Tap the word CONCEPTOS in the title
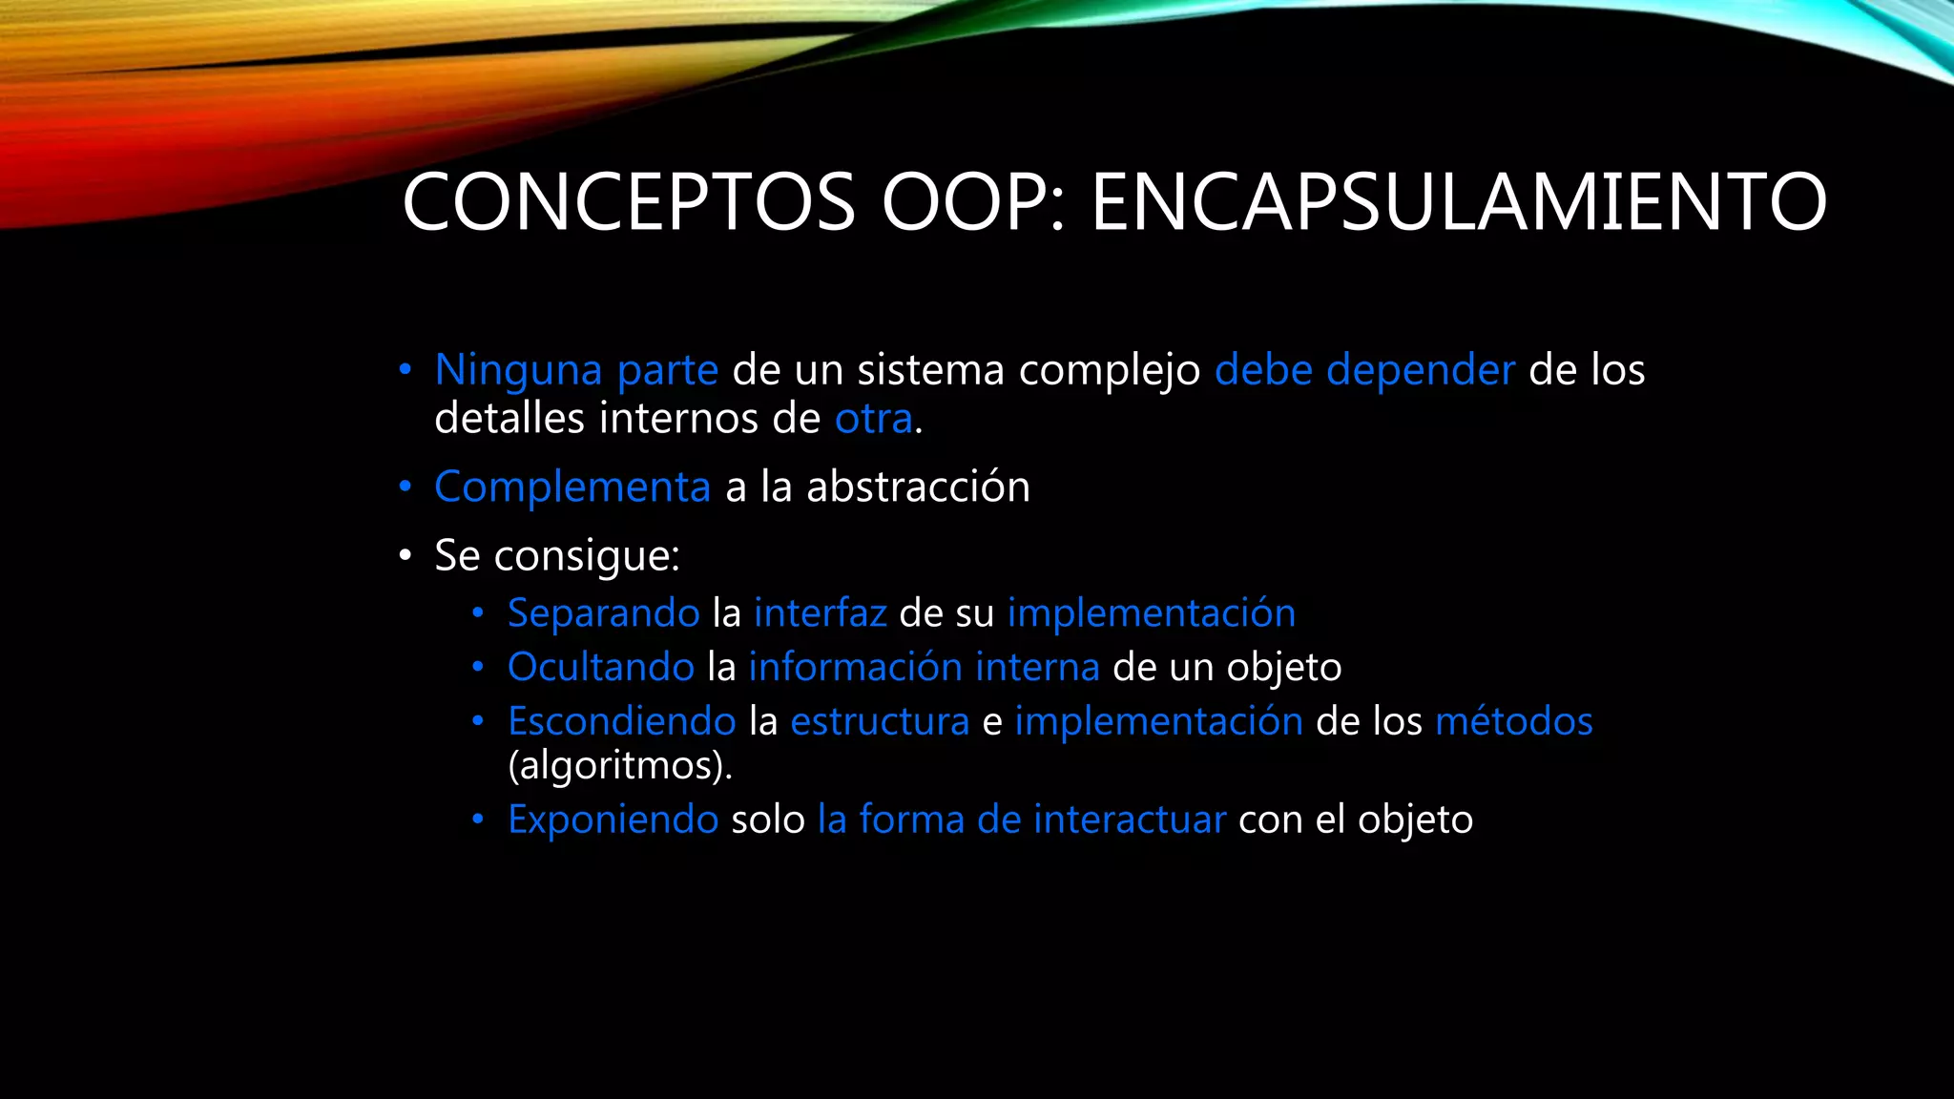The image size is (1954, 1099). click(629, 202)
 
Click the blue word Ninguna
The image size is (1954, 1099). click(518, 370)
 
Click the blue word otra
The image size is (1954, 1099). click(873, 419)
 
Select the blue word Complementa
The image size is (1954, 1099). click(572, 487)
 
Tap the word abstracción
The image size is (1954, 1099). click(918, 487)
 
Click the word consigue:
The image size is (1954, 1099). click(586, 556)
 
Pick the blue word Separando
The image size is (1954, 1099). click(603, 613)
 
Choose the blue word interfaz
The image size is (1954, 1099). click(820, 613)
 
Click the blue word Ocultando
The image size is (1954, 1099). click(600, 667)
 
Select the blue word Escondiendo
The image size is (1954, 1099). click(621, 721)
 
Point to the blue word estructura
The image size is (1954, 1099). click(879, 721)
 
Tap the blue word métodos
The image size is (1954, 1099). click(1513, 721)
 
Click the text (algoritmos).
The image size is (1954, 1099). click(619, 766)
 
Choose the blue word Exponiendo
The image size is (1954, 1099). click(613, 819)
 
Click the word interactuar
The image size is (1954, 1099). click(1130, 819)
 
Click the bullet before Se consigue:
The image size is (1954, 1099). click(405, 556)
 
